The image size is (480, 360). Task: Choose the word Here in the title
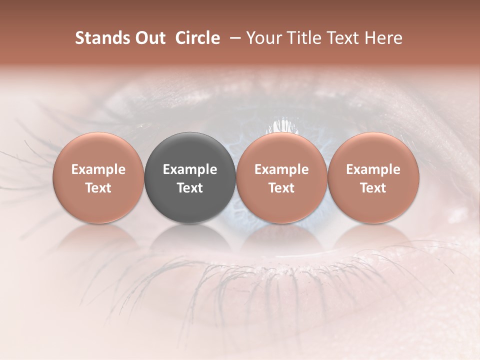pyautogui.click(x=385, y=38)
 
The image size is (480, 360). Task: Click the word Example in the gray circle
pyautogui.click(x=190, y=169)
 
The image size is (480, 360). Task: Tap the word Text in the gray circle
pyautogui.click(x=190, y=188)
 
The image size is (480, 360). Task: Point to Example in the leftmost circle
pyautogui.click(x=98, y=169)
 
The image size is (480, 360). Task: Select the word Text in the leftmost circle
pyautogui.click(x=98, y=188)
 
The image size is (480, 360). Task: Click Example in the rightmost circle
pyautogui.click(x=373, y=169)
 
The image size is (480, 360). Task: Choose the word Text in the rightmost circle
pyautogui.click(x=373, y=188)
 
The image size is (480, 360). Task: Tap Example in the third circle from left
pyautogui.click(x=281, y=169)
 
